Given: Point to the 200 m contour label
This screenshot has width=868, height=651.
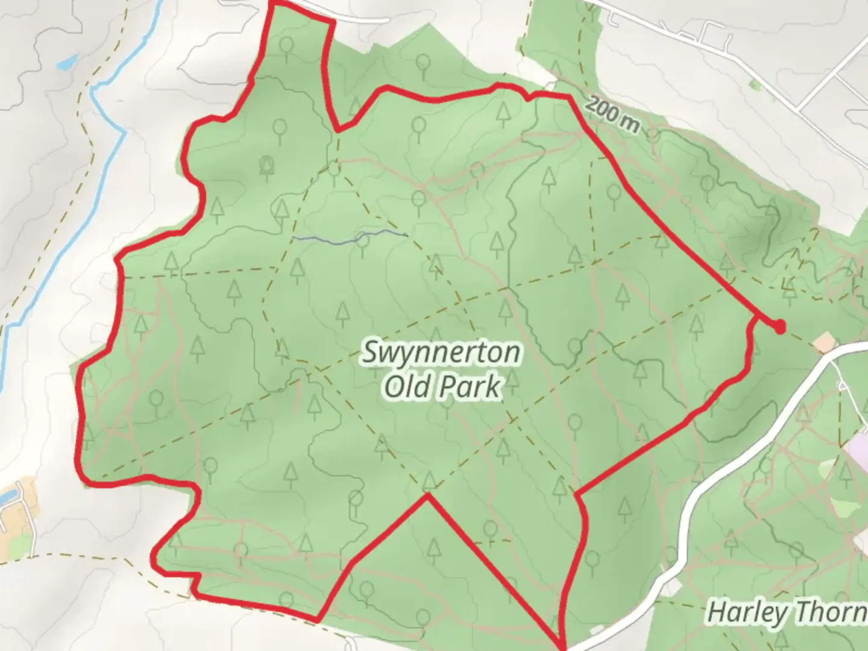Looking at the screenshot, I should point(611,114).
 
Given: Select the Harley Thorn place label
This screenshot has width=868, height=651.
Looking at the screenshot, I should point(787,612).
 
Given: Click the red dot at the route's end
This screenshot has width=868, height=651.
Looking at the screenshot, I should point(779,327).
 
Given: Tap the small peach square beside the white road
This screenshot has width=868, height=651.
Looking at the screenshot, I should point(823,344).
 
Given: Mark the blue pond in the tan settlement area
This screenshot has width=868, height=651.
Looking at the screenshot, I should point(7,497).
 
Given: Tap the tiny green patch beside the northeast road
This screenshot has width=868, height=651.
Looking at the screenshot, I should point(753,85).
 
